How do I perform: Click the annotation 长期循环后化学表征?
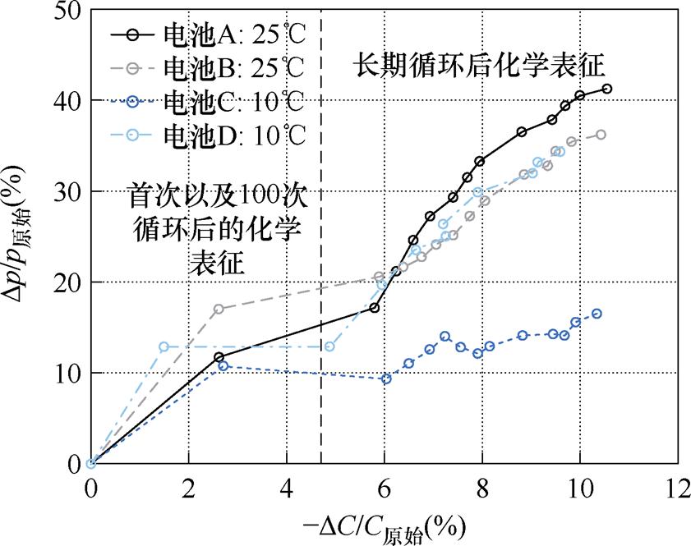pos(481,64)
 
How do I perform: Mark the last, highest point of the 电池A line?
pos(607,89)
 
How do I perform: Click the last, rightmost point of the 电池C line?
pos(597,314)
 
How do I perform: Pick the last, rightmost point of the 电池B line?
pos(601,135)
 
